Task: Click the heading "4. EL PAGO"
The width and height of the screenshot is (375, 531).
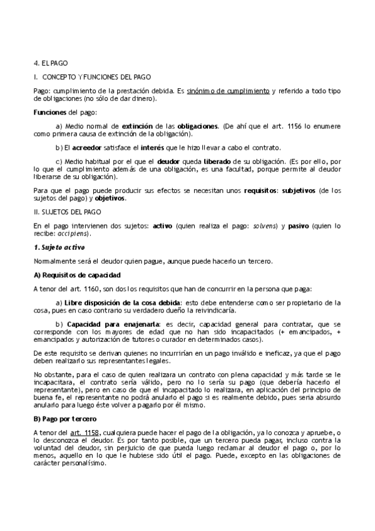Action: point(51,63)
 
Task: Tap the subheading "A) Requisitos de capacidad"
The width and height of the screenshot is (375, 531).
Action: point(76,275)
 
